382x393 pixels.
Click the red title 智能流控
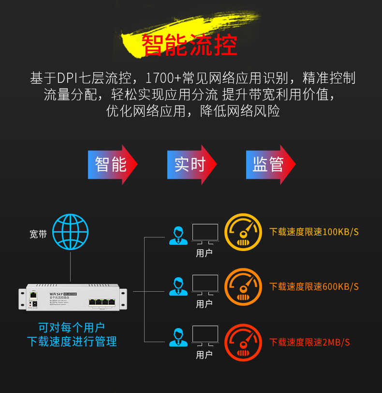pos(189,45)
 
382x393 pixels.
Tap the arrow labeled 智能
pos(112,164)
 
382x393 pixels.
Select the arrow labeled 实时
pos(191,164)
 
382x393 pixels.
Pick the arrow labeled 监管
pos(270,164)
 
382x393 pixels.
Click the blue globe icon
pos(71,232)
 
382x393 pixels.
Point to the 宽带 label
pos(38,235)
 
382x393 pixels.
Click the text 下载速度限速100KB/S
pos(314,232)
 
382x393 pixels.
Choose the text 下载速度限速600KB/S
pos(314,286)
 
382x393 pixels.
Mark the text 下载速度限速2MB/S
pos(309,343)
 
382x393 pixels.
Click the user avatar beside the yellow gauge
pos(178,235)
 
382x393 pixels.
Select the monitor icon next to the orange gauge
pos(205,284)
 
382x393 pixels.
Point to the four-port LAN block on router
pos(102,302)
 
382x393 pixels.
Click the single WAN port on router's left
pos(33,295)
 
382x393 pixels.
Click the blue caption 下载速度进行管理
pos(72,342)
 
